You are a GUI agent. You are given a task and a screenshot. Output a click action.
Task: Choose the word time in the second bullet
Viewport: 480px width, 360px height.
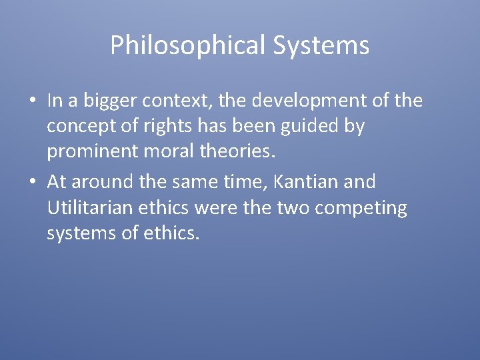coord(241,181)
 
